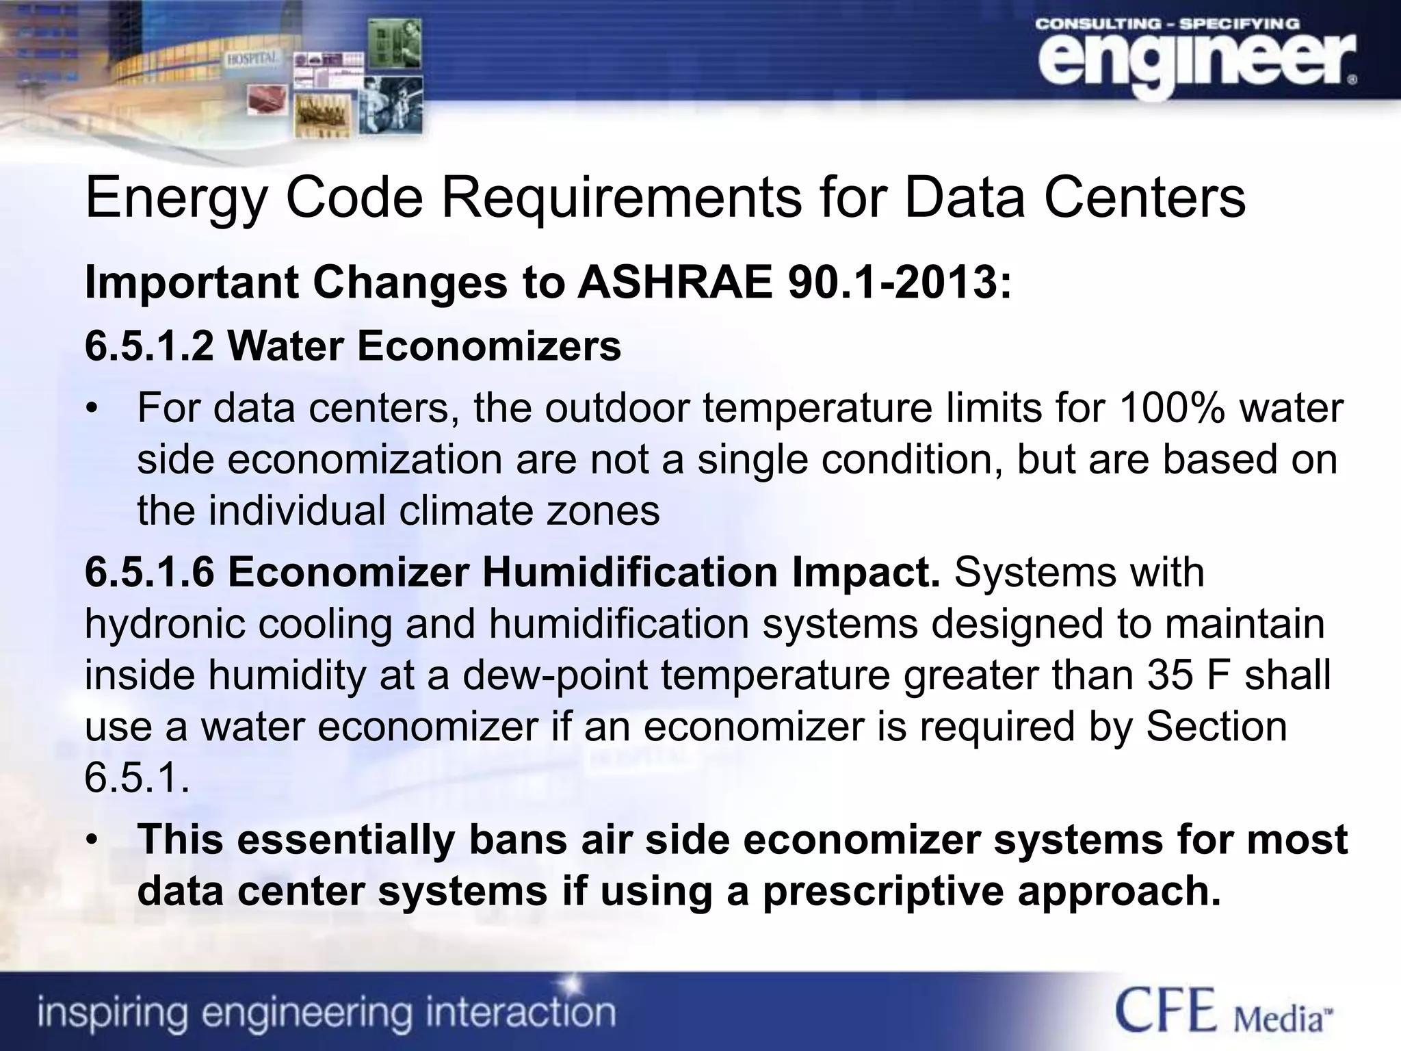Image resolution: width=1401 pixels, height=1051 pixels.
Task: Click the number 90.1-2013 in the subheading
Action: (893, 283)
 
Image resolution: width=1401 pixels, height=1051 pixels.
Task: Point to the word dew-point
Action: (555, 675)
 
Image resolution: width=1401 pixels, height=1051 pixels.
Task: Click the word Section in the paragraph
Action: (1216, 726)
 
